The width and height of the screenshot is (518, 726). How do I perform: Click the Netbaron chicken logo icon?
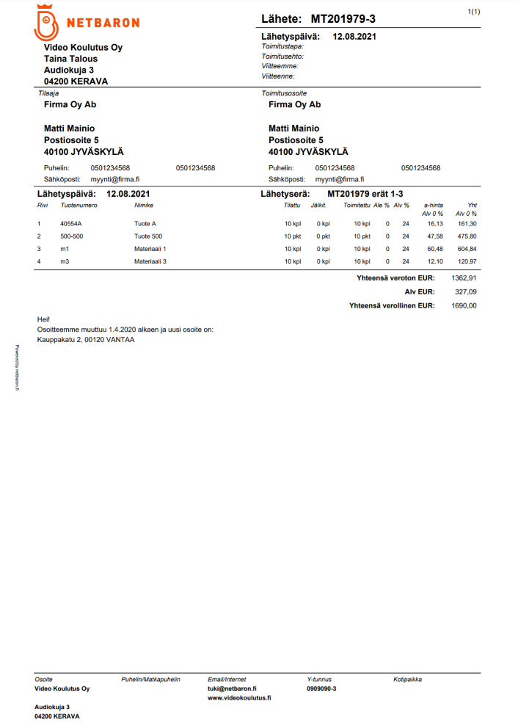click(46, 22)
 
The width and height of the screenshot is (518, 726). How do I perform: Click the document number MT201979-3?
click(343, 18)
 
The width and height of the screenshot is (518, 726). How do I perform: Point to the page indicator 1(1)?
click(474, 12)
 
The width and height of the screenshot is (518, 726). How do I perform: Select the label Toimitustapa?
click(282, 46)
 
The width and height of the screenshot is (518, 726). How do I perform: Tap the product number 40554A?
click(71, 224)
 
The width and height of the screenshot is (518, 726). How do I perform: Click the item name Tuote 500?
click(148, 236)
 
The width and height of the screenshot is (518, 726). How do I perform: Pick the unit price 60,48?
click(435, 249)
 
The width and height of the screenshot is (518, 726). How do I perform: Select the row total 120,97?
click(467, 261)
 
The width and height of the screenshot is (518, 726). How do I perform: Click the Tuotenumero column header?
click(79, 206)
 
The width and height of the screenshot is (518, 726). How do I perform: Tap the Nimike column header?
click(144, 206)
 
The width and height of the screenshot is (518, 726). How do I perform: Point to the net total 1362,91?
click(464, 279)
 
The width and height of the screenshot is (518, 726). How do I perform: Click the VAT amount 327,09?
click(466, 292)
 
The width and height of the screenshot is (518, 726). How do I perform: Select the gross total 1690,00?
click(464, 305)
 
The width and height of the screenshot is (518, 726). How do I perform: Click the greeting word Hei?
click(43, 320)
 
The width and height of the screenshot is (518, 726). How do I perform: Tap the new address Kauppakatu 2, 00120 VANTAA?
click(86, 340)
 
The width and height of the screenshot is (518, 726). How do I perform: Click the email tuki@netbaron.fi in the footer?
click(232, 689)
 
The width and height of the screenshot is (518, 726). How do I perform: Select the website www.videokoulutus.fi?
click(239, 698)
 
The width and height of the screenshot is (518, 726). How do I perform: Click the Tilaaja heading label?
click(48, 93)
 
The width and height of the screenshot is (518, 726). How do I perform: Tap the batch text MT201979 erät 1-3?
click(364, 194)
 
